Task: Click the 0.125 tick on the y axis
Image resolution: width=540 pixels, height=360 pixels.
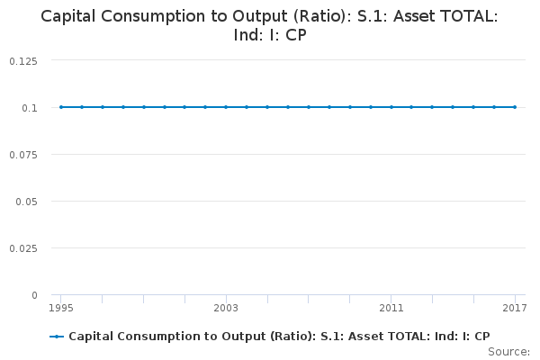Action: coord(23,60)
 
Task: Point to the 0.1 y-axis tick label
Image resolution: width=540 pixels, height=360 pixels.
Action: coord(30,107)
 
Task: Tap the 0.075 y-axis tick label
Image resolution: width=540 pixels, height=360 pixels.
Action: coord(23,154)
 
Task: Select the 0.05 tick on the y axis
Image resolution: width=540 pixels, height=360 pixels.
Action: coord(27,201)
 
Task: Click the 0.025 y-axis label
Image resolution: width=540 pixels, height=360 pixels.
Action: coord(23,247)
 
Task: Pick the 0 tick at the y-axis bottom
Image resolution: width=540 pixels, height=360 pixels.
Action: coord(34,294)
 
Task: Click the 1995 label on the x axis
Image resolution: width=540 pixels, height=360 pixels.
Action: coord(61,309)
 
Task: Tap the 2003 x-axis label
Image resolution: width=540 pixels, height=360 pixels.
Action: coord(226,309)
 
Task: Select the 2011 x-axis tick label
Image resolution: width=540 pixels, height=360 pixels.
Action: coord(391,309)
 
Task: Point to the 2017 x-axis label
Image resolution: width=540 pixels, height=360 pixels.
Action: coord(514,309)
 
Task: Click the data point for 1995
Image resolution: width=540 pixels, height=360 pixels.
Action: coord(61,107)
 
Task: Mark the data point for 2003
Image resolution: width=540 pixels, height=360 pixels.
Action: coord(226,107)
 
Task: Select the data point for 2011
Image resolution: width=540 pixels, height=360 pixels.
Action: coord(391,107)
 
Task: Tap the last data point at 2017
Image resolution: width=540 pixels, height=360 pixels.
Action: coord(514,107)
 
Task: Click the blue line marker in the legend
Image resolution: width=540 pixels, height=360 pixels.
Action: coord(57,337)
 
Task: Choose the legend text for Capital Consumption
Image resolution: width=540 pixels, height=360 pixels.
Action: coord(279,337)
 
